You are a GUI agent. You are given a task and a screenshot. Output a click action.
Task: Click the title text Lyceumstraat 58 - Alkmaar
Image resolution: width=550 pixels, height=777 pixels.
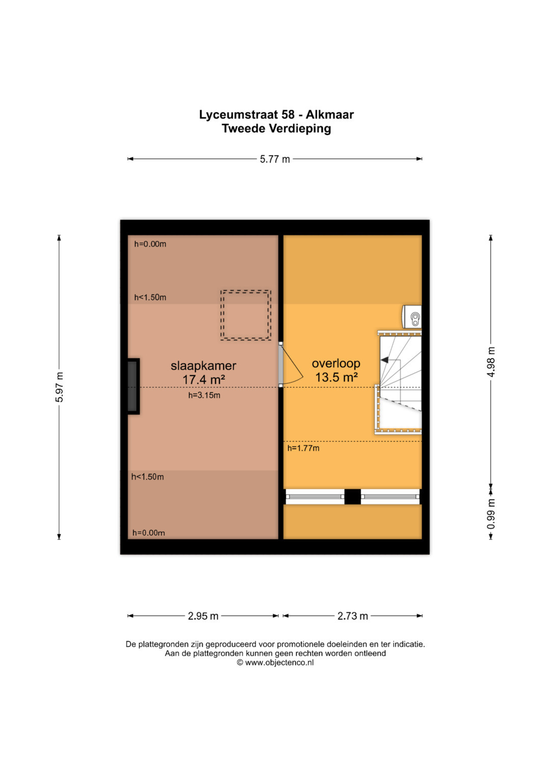point(276,115)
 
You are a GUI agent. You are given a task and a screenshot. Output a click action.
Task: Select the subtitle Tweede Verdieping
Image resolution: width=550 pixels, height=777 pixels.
point(276,129)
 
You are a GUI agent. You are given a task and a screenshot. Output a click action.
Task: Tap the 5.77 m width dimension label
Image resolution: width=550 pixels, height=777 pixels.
point(274,159)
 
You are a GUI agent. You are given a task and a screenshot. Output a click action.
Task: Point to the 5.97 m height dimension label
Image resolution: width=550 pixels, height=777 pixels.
point(60,387)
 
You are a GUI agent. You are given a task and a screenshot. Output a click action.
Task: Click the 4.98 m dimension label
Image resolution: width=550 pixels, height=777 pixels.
point(491,361)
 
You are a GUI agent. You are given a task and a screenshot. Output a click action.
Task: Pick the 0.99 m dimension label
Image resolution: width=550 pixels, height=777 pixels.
point(491,514)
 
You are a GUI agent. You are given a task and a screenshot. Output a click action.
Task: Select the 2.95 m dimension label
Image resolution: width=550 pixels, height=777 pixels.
point(203,616)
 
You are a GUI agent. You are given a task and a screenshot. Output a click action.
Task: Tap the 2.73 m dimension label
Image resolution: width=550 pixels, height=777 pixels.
point(352,616)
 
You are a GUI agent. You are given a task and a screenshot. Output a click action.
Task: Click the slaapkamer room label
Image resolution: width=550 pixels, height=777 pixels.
point(204,366)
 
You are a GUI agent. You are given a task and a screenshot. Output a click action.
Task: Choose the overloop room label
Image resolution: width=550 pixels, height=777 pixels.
point(336,363)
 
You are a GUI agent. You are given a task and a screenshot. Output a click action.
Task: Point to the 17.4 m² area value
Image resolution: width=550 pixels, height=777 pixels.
point(204,380)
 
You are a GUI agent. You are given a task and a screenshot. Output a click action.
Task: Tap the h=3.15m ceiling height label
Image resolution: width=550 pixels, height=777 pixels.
point(204,395)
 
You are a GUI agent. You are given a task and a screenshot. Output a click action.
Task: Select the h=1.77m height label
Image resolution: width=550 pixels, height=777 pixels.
point(303,448)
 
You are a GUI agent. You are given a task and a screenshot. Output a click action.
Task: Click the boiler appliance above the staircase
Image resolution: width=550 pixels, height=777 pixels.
point(412,316)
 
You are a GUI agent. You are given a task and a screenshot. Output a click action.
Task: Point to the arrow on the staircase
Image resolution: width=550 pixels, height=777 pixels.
point(390,360)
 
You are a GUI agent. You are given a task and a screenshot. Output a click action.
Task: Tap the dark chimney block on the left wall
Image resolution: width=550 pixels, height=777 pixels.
point(133,386)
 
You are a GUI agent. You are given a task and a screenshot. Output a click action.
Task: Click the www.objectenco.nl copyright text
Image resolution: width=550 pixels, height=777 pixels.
point(275,663)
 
